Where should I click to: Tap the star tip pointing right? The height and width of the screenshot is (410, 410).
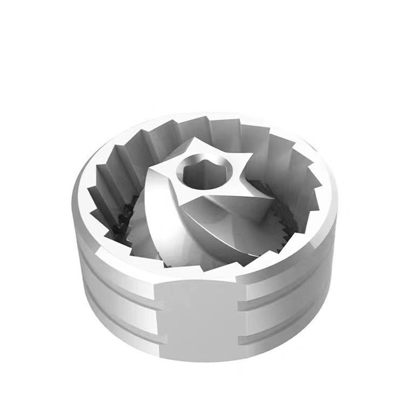click(x=250, y=155)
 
